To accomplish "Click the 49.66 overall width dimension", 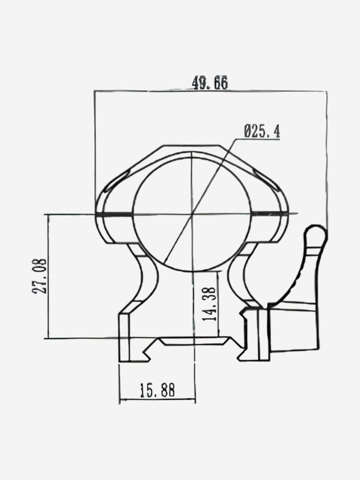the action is point(210,83).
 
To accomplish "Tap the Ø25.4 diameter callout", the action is point(262,131).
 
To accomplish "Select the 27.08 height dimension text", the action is point(40,276).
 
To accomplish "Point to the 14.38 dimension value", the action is point(210,304).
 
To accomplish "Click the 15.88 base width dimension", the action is point(157,390).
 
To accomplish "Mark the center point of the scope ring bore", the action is point(192,214).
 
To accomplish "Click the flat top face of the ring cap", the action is point(191,146).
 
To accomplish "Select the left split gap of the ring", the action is point(114,214).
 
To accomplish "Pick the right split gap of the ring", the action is point(270,214).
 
